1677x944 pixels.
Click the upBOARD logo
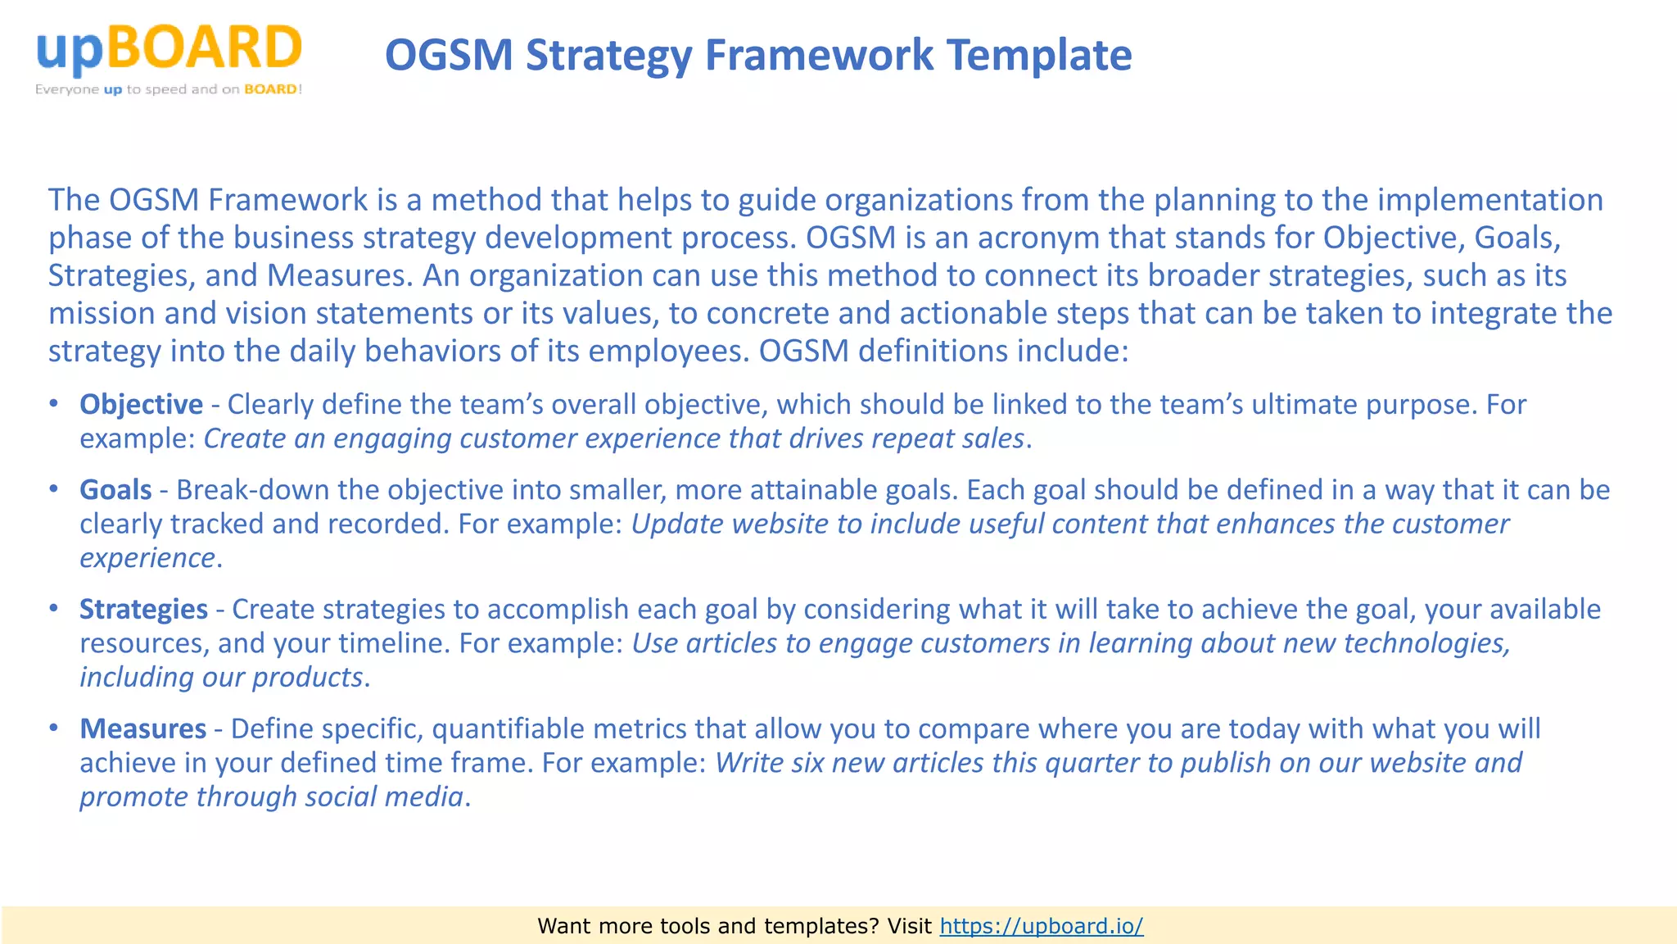pos(169,49)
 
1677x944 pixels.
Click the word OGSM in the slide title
pos(448,56)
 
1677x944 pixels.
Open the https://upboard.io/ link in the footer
pos(1041,926)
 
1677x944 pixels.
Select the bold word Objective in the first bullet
pos(141,405)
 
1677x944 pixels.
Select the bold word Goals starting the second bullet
pos(115,490)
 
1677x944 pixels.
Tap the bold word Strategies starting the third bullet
pos(143,610)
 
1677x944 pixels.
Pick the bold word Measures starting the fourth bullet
pos(142,729)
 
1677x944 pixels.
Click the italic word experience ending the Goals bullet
pos(147,558)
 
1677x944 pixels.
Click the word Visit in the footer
pos(909,926)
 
